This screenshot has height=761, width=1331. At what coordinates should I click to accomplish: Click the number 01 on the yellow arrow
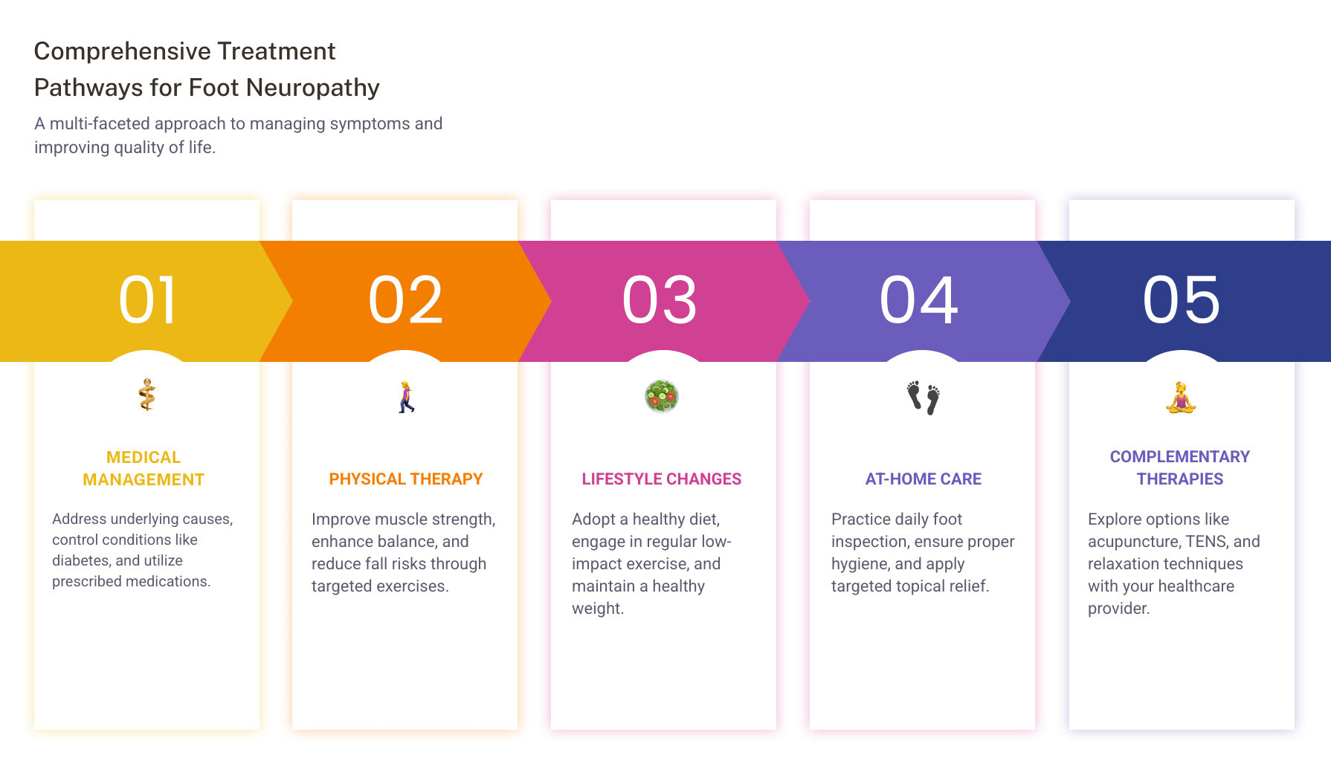148,299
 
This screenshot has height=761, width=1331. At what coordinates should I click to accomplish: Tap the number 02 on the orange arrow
406,299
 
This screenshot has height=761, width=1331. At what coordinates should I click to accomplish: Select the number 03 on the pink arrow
660,299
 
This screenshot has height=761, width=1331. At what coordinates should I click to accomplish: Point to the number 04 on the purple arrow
919,299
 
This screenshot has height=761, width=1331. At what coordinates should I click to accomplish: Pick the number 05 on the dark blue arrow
1182,299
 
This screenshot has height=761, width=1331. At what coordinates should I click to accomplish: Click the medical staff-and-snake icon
147,395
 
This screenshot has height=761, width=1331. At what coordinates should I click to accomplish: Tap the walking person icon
406,397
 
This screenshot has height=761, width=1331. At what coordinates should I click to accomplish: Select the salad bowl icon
662,396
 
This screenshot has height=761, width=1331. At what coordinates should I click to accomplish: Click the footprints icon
923,398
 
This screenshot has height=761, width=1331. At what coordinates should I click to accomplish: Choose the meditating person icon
1181,398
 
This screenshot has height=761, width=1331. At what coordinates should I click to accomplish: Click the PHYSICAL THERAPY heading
406,479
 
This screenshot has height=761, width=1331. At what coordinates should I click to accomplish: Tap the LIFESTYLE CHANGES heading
662,479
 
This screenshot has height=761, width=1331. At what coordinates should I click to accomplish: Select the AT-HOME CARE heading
924,479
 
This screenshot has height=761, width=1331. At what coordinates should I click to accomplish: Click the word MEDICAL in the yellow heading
144,458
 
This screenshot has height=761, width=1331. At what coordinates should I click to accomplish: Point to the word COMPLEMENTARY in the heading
1180,457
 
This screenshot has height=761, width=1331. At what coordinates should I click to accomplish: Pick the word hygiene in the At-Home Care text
859,565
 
